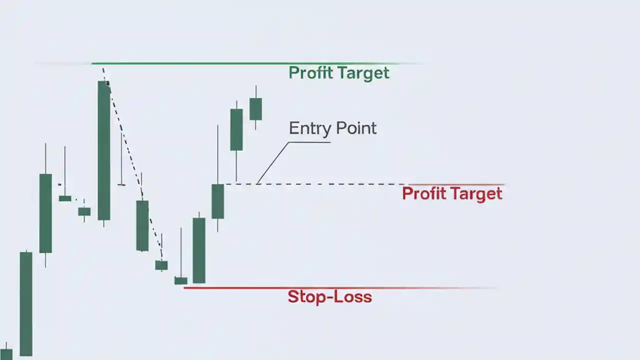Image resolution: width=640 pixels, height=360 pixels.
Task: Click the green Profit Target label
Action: coord(338,73)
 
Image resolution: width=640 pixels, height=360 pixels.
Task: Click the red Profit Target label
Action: coord(452,193)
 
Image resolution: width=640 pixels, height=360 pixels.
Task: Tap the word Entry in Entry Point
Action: coord(309,128)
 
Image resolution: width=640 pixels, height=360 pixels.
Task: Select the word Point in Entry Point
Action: coord(355,128)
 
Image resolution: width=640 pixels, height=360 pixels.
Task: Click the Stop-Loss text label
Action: coord(329,297)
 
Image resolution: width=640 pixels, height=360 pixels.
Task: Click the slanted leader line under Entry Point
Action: coord(272,163)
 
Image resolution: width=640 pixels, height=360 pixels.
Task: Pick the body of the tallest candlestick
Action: coord(104,150)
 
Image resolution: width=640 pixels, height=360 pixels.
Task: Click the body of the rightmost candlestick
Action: coord(255,109)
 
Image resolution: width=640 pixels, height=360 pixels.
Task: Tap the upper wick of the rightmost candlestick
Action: coord(255,91)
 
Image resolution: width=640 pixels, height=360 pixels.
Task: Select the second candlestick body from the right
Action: coord(236,129)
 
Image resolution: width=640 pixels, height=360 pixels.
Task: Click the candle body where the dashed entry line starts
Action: coord(217,201)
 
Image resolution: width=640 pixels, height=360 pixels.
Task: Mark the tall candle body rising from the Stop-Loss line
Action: coord(199,250)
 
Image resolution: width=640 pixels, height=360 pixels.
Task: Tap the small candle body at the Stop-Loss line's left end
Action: coord(180,280)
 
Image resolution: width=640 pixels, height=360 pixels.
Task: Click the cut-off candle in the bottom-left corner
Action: coord(6,354)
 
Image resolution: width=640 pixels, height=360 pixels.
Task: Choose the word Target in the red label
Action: coord(476,193)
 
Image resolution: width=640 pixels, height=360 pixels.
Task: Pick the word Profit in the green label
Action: coord(310,73)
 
